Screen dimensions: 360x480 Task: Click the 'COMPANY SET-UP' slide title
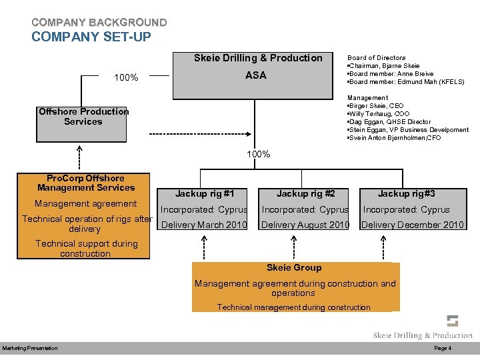(x=91, y=37)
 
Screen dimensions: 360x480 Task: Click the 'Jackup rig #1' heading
(x=204, y=194)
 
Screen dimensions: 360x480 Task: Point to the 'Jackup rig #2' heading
(x=305, y=194)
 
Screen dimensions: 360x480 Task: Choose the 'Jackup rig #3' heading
(x=406, y=194)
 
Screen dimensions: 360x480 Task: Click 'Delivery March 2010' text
(x=204, y=225)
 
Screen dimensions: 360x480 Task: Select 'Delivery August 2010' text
(x=305, y=225)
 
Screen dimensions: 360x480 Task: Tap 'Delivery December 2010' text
(x=412, y=225)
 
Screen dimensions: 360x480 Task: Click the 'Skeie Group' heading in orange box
(x=293, y=267)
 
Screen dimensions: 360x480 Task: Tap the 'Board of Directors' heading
(x=376, y=58)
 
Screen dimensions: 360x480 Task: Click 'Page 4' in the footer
(x=443, y=349)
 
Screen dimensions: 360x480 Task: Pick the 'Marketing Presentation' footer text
(x=29, y=349)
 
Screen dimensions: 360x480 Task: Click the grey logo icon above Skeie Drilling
(x=453, y=321)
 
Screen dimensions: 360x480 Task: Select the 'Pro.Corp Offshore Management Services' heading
(x=85, y=183)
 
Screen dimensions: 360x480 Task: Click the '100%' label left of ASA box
(x=126, y=78)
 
